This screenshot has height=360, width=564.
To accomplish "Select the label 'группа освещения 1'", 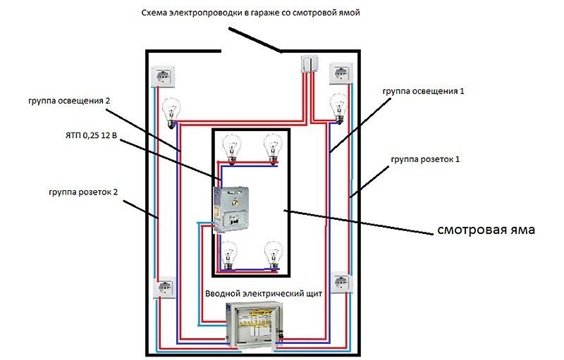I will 423,92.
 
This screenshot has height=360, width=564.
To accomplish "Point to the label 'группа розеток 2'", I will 82,191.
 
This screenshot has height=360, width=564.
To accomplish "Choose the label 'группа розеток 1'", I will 425,159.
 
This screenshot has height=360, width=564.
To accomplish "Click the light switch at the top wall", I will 310,66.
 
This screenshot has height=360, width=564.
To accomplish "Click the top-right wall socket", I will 342,73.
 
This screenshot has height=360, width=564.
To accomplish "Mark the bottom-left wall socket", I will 166,288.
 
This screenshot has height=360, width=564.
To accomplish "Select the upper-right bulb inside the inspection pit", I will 272,149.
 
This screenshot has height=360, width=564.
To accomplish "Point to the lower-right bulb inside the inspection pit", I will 272,255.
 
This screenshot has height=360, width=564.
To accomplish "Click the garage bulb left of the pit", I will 171,113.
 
